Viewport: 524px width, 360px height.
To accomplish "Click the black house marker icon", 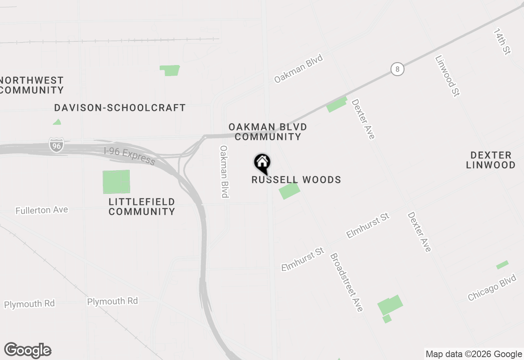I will tap(262, 163).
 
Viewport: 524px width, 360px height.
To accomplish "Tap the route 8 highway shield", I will tap(397, 69).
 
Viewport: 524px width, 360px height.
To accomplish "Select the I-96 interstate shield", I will tap(56, 145).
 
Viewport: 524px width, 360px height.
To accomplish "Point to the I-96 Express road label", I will tap(129, 156).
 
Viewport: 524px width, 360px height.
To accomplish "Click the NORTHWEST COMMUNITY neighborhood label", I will tap(32, 85).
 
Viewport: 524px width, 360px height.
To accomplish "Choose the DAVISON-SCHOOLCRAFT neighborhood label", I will tap(120, 108).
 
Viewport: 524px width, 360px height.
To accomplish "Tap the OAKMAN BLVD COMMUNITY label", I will tap(268, 132).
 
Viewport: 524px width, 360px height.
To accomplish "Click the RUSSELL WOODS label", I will tap(296, 180).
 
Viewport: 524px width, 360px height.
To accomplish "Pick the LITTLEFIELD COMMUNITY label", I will tap(142, 207).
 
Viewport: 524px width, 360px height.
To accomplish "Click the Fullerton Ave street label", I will tap(42, 210).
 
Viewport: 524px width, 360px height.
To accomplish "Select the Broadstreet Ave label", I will tap(346, 282).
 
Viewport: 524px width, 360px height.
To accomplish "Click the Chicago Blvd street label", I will tap(492, 288).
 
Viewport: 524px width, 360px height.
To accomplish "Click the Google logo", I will tap(28, 350).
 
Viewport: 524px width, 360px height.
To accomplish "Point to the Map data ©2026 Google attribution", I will tap(474, 354).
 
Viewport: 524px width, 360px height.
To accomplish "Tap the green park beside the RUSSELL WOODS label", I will tap(289, 191).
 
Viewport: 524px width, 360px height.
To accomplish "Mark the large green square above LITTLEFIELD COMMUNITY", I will tap(116, 182).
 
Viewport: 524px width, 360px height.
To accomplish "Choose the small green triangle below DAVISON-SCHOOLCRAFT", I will tap(57, 122).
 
